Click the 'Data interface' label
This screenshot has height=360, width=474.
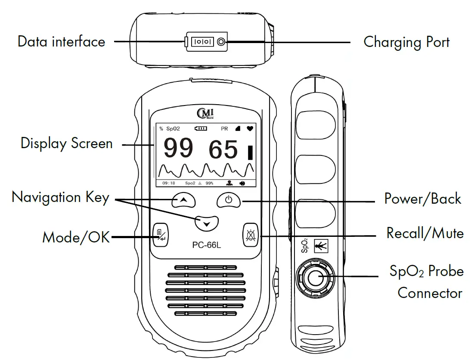click(61, 42)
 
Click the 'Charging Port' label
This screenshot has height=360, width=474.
click(406, 42)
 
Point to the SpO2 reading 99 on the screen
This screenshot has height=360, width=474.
click(178, 149)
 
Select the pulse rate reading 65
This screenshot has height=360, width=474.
click(223, 150)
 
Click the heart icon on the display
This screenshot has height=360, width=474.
click(250, 128)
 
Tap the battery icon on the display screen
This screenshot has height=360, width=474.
click(201, 128)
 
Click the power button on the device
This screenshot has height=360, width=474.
click(229, 200)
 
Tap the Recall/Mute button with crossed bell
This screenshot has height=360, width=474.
click(250, 235)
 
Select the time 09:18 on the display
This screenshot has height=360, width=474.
click(169, 183)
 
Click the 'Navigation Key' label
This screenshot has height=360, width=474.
click(60, 197)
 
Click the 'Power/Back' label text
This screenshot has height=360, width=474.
click(422, 199)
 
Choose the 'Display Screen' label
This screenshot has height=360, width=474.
click(67, 143)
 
